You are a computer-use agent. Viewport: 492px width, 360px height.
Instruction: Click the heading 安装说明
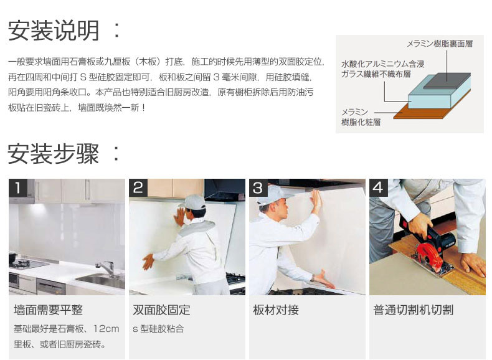[x=54, y=31]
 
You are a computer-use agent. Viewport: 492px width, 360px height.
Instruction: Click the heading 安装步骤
[x=54, y=153]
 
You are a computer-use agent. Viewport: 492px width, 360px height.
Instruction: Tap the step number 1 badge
[x=17, y=187]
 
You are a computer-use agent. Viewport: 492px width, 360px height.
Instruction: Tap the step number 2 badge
[x=138, y=187]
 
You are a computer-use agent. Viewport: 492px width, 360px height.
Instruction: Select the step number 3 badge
[x=258, y=187]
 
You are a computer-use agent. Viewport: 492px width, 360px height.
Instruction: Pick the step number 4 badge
[x=379, y=187]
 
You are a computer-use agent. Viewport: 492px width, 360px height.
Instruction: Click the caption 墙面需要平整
[x=48, y=310]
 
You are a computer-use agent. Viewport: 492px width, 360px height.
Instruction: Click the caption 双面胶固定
[x=161, y=310]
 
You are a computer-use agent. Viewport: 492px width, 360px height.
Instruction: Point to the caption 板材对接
[x=276, y=310]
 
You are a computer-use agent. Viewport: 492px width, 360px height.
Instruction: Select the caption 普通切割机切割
[x=414, y=310]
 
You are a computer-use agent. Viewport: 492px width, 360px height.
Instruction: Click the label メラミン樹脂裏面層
[x=440, y=44]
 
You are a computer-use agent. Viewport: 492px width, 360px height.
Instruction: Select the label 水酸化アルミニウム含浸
[x=383, y=64]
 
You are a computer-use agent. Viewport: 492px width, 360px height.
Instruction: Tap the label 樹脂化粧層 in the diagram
[x=361, y=122]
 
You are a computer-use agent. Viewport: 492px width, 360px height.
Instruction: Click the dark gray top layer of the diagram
[x=447, y=81]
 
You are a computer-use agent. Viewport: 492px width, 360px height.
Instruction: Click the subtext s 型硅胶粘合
[x=158, y=329]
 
